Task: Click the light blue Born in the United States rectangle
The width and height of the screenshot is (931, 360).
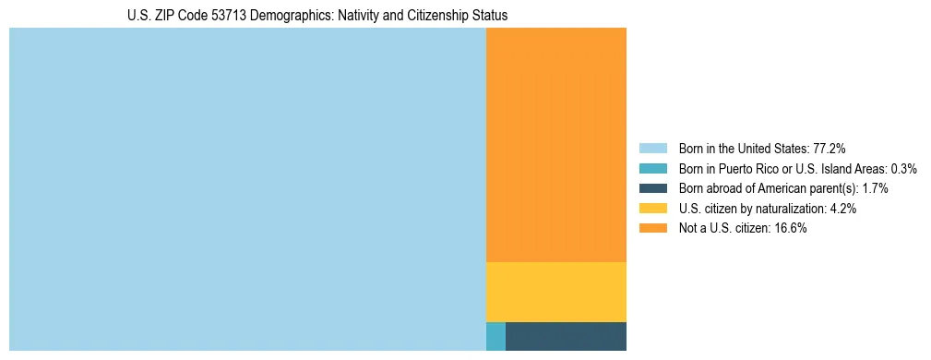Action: click(x=247, y=189)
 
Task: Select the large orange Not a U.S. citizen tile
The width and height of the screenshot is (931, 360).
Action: click(x=556, y=145)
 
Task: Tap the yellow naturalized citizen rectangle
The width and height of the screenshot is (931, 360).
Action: click(x=556, y=292)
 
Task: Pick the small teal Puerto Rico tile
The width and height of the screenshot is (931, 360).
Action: click(x=495, y=336)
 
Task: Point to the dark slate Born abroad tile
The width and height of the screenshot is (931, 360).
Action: click(x=566, y=336)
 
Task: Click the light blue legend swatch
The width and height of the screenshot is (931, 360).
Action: click(x=652, y=148)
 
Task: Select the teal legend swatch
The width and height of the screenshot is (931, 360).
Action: click(x=652, y=168)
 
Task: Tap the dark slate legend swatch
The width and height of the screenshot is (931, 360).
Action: click(x=652, y=188)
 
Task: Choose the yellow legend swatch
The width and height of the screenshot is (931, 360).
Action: click(x=652, y=209)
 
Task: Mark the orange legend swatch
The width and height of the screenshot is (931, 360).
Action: click(x=652, y=228)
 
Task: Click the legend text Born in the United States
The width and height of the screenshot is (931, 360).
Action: click(x=743, y=148)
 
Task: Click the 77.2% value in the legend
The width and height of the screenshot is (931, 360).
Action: click(x=830, y=148)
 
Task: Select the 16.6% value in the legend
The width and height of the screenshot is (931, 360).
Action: click(x=792, y=228)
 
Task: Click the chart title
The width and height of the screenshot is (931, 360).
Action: click(x=317, y=16)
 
